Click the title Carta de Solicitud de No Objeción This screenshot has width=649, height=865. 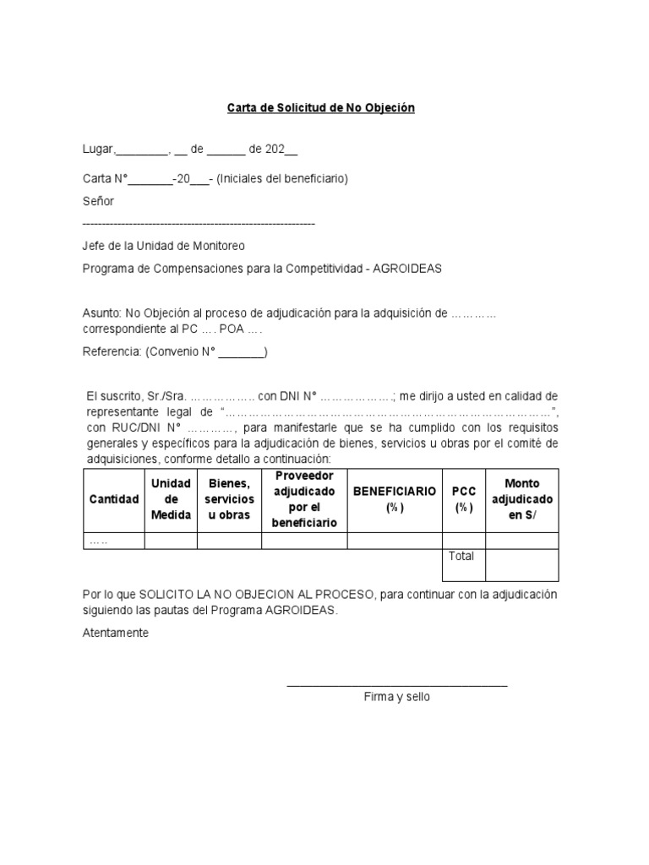point(321,108)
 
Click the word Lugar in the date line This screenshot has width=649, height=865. point(97,150)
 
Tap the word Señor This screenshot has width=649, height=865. point(98,201)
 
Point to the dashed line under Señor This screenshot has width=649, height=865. point(199,223)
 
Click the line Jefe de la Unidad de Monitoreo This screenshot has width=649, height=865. point(163,246)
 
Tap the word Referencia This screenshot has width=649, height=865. point(111,352)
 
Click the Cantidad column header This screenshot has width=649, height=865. point(114,499)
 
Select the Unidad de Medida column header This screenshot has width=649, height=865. point(171,499)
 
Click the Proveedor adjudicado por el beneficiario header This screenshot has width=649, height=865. point(305,499)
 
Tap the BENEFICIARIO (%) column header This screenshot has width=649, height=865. point(395,499)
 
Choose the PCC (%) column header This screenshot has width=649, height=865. point(463,499)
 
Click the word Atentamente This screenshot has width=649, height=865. point(116,632)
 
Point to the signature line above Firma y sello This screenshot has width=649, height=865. point(397,683)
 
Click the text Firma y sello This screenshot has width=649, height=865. point(397,697)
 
